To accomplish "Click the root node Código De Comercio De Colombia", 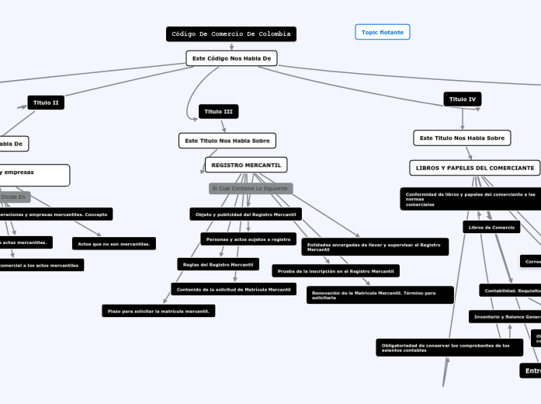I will [x=231, y=34].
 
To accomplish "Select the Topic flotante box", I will [x=382, y=32].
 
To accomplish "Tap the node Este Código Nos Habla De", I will [x=231, y=58].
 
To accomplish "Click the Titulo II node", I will [x=47, y=103].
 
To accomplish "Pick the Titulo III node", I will [x=218, y=112].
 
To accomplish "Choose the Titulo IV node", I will [x=463, y=99].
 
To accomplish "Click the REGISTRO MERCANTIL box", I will [x=246, y=165].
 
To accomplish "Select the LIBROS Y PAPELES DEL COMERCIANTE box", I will [x=475, y=168].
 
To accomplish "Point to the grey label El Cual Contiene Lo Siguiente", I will [x=249, y=189].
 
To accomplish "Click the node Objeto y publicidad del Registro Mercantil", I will [x=245, y=214].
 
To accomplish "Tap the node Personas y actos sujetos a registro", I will [x=248, y=239].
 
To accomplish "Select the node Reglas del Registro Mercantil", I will [x=217, y=264].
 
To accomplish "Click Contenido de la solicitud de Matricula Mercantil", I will [x=234, y=289].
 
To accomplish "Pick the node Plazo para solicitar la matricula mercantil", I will [x=158, y=311].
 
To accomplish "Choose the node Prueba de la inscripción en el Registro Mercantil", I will [x=335, y=271].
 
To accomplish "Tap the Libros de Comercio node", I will [x=491, y=228].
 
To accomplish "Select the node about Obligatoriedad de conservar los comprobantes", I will [x=449, y=347].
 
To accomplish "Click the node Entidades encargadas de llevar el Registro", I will [x=375, y=247].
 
